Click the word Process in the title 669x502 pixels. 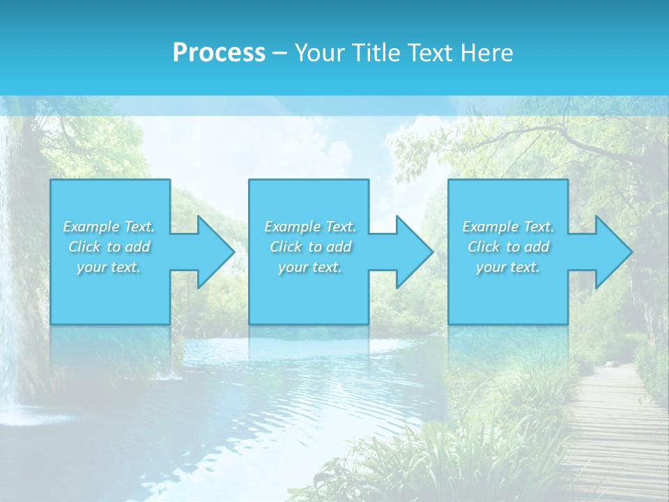coord(219,53)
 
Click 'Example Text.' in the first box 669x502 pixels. coord(109,227)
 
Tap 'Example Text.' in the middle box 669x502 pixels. coord(309,227)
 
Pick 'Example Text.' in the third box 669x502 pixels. coord(508,227)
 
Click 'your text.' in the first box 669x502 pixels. coord(109,267)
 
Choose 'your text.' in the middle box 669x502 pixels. coord(309,267)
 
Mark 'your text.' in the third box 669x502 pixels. coord(508,267)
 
